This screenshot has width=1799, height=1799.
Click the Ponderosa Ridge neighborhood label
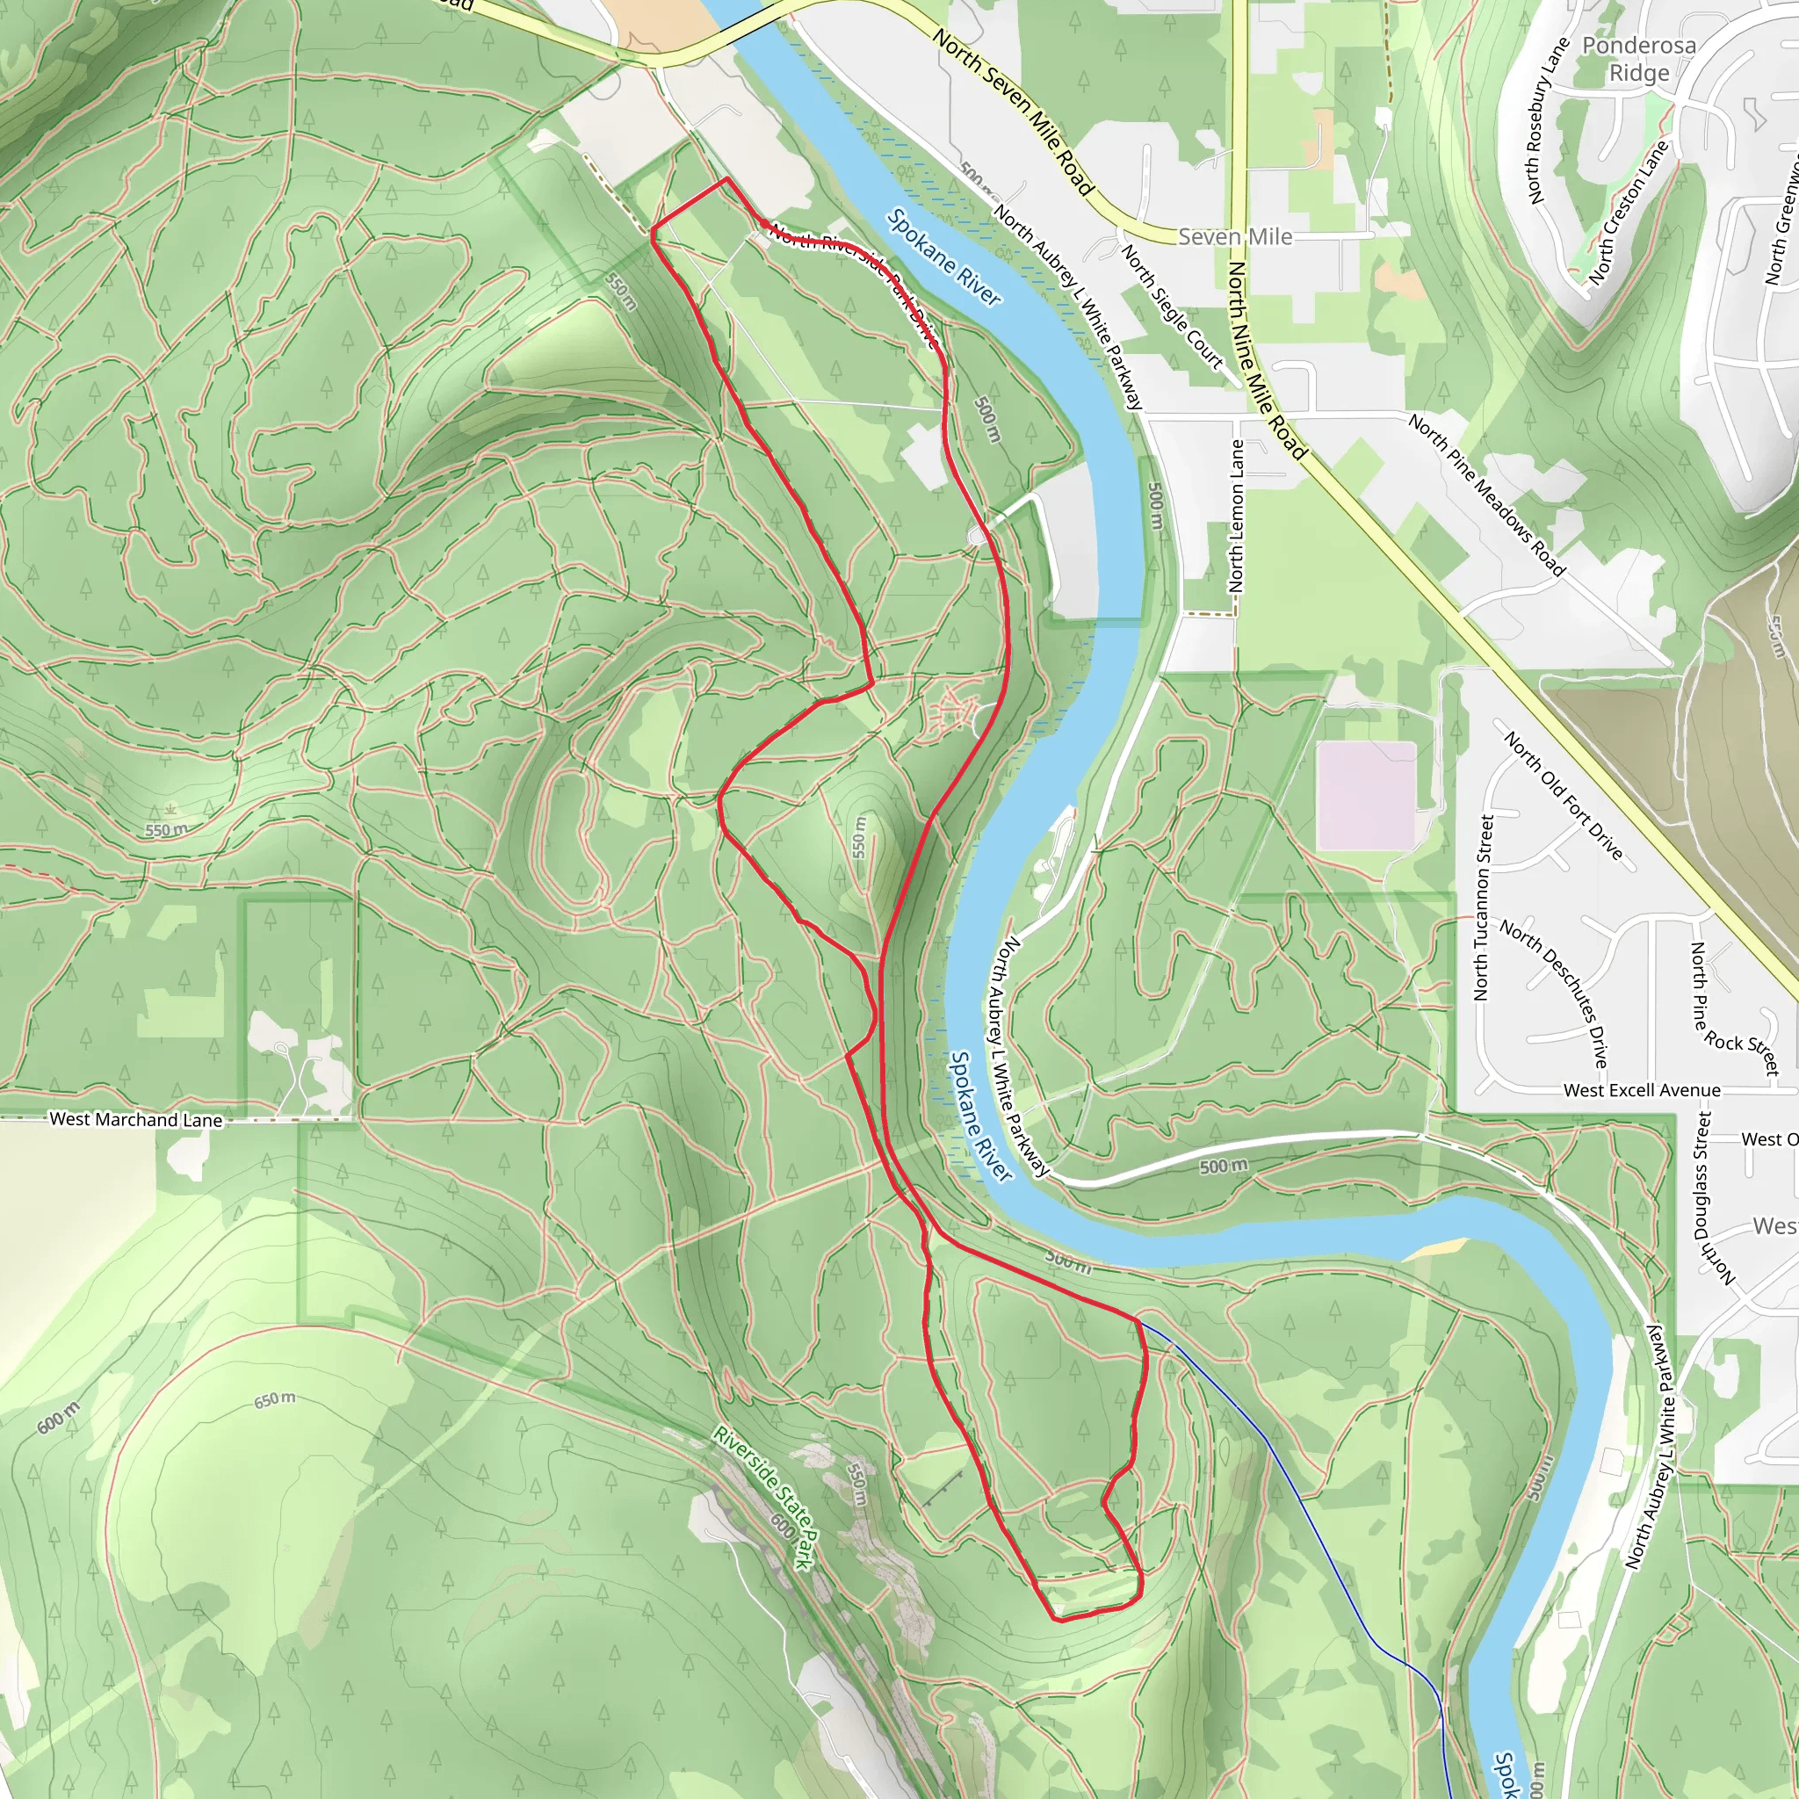[1639, 59]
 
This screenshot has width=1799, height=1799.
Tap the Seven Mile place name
[1235, 237]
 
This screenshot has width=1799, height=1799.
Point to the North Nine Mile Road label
[1266, 359]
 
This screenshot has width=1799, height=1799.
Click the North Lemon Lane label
[1237, 516]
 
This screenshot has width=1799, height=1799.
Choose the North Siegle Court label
[1172, 307]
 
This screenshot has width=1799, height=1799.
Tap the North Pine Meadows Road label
[1486, 495]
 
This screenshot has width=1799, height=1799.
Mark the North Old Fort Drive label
[1564, 795]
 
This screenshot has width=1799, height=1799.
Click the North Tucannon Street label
[1483, 908]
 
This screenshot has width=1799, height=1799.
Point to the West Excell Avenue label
[1642, 1090]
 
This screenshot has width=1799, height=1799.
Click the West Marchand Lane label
[136, 1119]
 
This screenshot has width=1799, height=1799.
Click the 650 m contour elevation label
[275, 1399]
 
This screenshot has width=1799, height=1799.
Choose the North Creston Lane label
[1627, 213]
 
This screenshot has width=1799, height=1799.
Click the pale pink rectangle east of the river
[1366, 796]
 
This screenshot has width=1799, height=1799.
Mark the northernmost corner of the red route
[726, 179]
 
